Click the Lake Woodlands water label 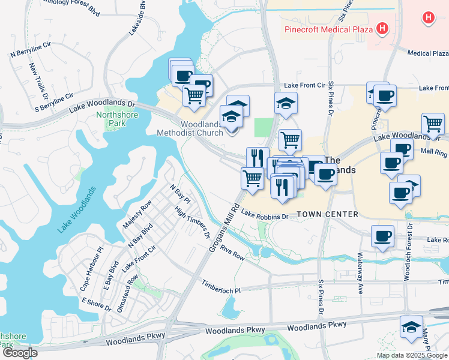tap(77, 211)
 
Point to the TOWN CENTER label tap(327, 214)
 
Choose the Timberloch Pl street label tap(221, 287)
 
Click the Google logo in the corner tap(19, 353)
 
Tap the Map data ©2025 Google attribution tap(412, 355)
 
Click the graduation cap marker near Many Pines tap(411, 327)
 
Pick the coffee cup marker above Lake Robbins tap(382, 236)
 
